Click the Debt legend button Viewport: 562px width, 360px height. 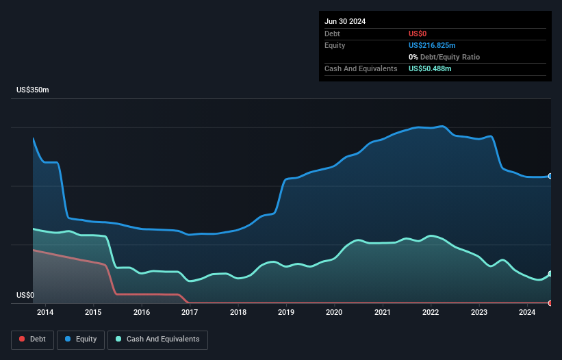tap(31, 339)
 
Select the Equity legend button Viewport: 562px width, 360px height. tap(81, 339)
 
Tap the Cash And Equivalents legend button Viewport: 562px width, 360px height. tap(157, 339)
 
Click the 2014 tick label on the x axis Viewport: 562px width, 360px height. tap(45, 313)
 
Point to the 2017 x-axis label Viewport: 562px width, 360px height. tap(190, 313)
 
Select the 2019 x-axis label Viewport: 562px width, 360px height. tap(286, 313)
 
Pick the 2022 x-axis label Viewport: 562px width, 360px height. tap(431, 313)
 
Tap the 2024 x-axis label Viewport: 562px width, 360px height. tap(527, 313)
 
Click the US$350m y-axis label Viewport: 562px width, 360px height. tap(33, 90)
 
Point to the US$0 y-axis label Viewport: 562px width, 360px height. tap(25, 296)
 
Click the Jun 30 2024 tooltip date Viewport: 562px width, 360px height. tap(345, 21)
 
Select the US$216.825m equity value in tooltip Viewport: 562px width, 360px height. tap(432, 45)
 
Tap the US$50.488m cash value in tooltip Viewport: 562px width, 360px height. tap(430, 68)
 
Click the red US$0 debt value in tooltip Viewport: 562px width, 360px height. tap(418, 34)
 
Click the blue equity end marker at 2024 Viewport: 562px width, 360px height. tap(550, 177)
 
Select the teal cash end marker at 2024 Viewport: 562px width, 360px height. tap(550, 274)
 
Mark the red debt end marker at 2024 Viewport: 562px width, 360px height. tap(550, 303)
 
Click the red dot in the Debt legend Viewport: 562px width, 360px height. tap(23, 339)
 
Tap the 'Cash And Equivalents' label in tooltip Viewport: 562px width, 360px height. tap(361, 68)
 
